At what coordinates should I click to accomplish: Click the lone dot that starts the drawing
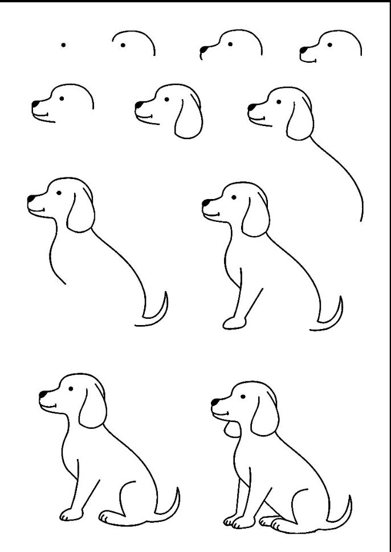click(x=63, y=44)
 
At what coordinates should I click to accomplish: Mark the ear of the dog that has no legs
click(x=80, y=212)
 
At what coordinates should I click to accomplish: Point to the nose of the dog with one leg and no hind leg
click(x=206, y=201)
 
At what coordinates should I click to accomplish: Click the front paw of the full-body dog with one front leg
click(x=68, y=515)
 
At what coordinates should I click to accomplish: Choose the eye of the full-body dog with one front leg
click(x=71, y=389)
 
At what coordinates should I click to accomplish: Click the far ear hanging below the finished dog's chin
click(x=230, y=428)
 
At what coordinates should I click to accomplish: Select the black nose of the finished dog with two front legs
click(x=215, y=403)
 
